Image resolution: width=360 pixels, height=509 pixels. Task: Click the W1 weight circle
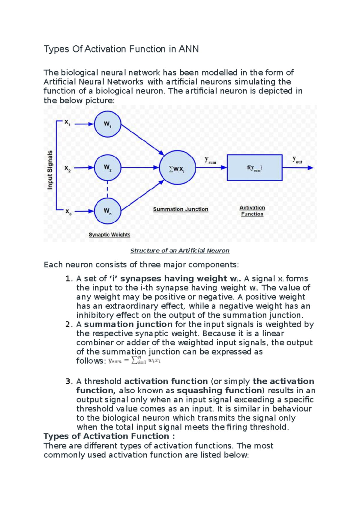(107, 124)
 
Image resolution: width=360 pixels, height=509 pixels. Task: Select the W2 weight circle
(107, 168)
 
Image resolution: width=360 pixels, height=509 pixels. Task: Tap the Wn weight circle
(107, 211)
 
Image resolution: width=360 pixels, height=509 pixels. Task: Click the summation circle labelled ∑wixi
(177, 168)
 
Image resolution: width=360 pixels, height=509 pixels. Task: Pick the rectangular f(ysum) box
(254, 168)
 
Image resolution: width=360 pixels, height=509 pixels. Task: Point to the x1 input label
(67, 122)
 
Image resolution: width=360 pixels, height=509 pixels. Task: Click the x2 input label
(67, 168)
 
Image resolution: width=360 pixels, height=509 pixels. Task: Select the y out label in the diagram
(297, 160)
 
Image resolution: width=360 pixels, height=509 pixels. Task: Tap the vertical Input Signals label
(50, 170)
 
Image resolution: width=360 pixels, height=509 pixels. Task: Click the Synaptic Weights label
(109, 235)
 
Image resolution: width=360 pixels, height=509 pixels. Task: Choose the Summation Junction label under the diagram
(181, 209)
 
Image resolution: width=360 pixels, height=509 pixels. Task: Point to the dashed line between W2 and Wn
(107, 189)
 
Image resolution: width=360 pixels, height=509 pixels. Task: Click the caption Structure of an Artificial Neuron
(180, 251)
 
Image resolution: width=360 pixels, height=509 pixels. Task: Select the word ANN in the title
(189, 49)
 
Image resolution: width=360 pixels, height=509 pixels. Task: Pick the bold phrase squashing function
(220, 390)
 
